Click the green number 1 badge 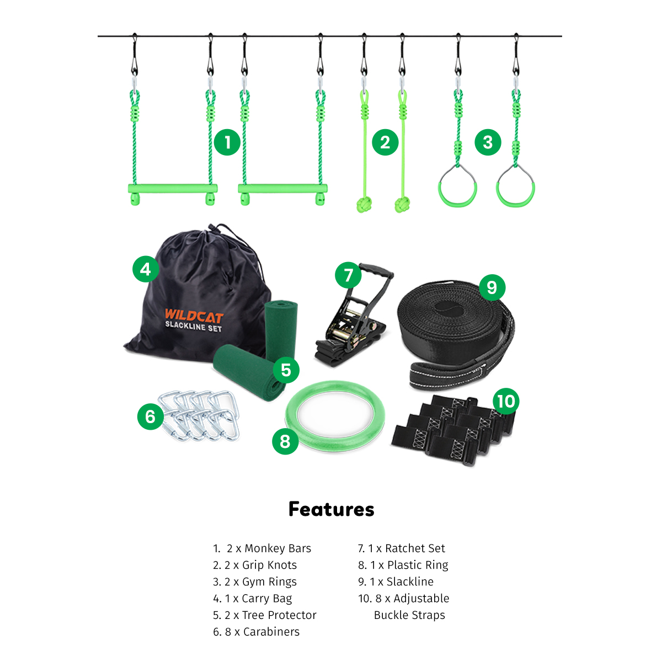point(227,142)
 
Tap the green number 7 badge point(348,275)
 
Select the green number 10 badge point(506,401)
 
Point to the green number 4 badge point(146,269)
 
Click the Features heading point(331,509)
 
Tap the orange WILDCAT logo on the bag point(194,316)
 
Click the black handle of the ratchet point(376,270)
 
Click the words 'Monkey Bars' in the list point(277,548)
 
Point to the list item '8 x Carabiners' point(257,632)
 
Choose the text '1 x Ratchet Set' point(401,548)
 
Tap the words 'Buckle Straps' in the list point(409,615)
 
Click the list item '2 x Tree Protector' point(265,615)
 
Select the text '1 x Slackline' point(396,581)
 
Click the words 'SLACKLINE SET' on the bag point(194,327)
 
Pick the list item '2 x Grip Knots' point(254,565)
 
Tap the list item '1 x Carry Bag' point(253,599)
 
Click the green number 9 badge point(492,287)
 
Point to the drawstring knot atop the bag point(210,228)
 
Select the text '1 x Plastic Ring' point(403,565)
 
